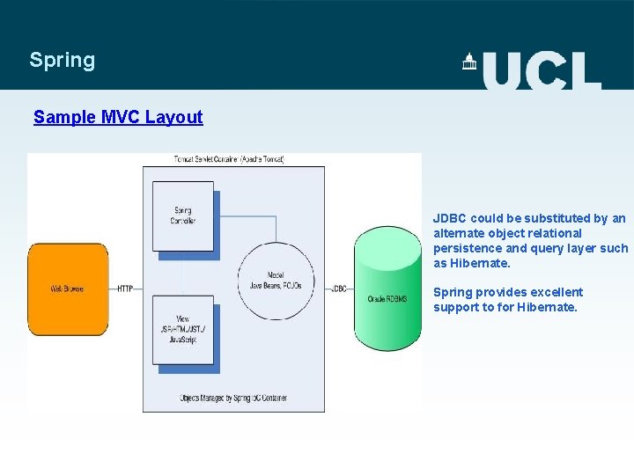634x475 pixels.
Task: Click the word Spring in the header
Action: (62, 60)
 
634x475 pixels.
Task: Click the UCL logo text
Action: (542, 69)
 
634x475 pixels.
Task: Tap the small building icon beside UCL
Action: (469, 62)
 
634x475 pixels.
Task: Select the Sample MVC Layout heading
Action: (118, 117)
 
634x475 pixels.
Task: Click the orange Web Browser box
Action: (68, 288)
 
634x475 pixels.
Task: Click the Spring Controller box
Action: (183, 216)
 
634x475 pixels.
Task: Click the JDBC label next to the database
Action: (339, 289)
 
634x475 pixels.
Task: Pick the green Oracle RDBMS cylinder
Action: (387, 289)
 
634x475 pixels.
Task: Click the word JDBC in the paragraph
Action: (450, 218)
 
